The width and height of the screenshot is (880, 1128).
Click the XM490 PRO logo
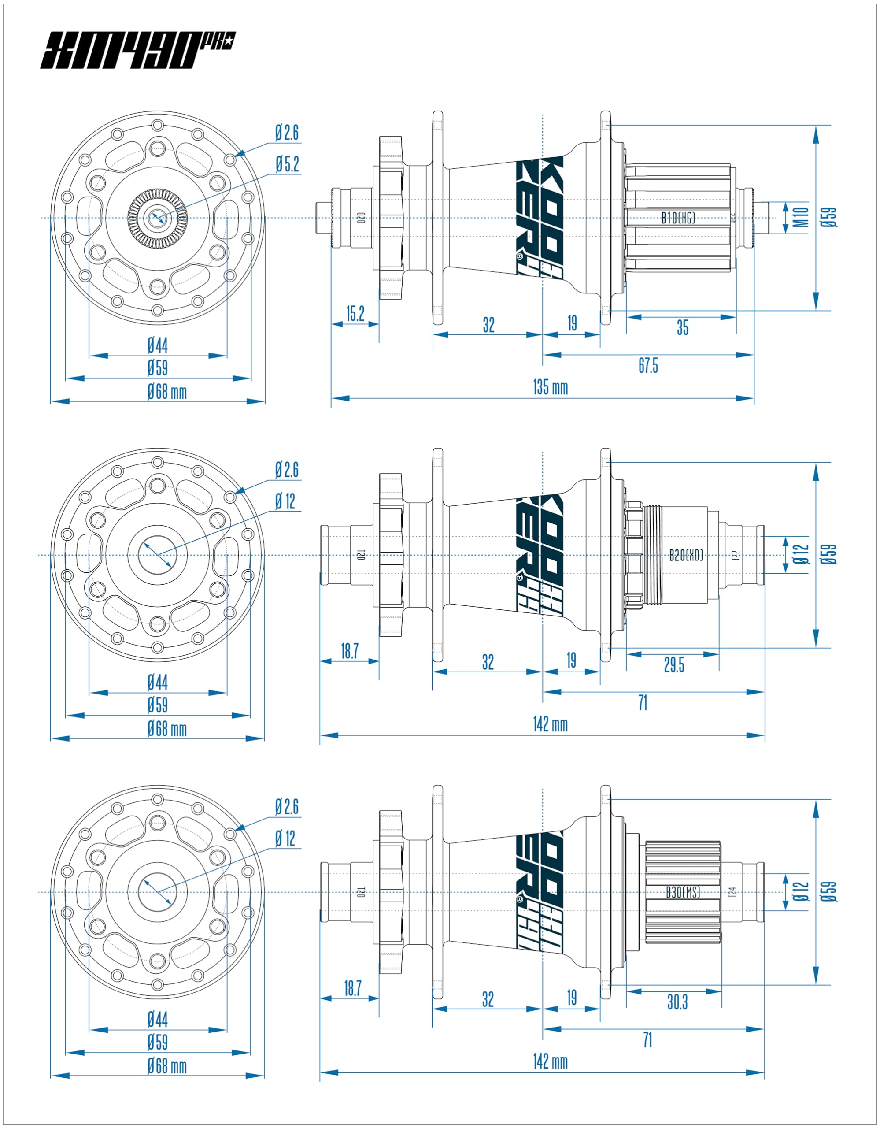(137, 50)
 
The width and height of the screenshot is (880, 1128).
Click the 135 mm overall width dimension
(550, 387)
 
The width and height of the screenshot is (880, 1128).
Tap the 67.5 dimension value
(648, 366)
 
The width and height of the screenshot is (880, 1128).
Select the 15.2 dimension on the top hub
(355, 314)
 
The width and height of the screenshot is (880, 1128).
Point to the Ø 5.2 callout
(288, 165)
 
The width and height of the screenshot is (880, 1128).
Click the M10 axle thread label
(801, 217)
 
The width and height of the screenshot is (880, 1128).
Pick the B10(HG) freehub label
(678, 218)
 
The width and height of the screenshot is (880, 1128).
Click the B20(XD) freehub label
(686, 555)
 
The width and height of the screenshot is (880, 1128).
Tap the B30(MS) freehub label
(682, 892)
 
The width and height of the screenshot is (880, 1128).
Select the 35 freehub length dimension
(682, 327)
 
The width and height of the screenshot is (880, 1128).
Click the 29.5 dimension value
(674, 665)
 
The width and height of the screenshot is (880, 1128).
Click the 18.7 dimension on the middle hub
(349, 651)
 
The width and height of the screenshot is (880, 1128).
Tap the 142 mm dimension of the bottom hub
(550, 1062)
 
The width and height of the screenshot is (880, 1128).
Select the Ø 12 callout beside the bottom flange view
(285, 838)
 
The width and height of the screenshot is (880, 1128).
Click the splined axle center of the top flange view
(157, 217)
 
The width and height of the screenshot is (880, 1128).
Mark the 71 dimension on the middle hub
(643, 703)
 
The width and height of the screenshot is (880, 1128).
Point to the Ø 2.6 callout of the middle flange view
(287, 470)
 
